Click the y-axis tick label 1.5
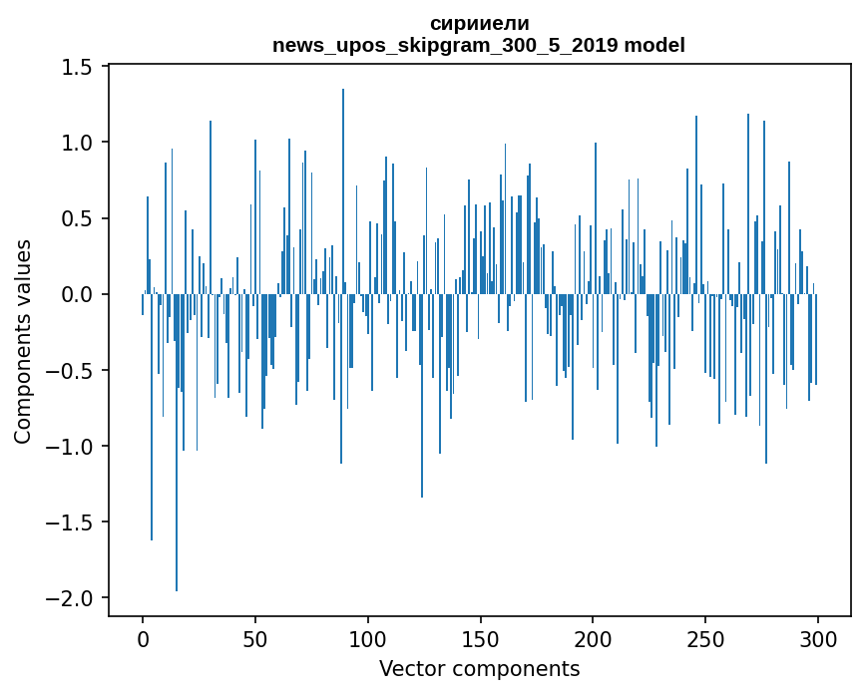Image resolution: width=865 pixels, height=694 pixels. click(x=77, y=67)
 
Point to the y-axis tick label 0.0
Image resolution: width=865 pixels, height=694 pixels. click(x=77, y=295)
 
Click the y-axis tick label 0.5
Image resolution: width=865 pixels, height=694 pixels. click(x=77, y=218)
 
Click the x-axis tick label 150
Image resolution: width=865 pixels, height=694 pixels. click(x=480, y=640)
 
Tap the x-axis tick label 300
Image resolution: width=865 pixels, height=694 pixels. click(x=817, y=640)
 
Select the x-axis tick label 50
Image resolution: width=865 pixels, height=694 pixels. click(x=254, y=640)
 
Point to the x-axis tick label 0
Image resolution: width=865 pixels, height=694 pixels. click(x=143, y=640)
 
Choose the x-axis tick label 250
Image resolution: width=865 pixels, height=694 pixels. click(x=705, y=640)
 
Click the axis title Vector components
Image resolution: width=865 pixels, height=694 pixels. click(x=479, y=669)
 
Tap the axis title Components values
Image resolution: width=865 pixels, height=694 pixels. click(x=23, y=342)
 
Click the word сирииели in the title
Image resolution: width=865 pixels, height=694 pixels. click(x=479, y=24)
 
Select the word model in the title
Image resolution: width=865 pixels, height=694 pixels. click(x=654, y=45)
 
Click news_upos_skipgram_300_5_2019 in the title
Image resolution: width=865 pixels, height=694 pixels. click(x=445, y=46)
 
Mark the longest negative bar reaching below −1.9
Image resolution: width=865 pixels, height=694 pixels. click(x=177, y=443)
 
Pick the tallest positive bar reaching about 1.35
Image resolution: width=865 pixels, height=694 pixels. click(x=343, y=191)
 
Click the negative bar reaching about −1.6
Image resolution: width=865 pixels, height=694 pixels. click(x=152, y=417)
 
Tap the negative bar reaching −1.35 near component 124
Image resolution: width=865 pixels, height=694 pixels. click(x=422, y=396)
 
